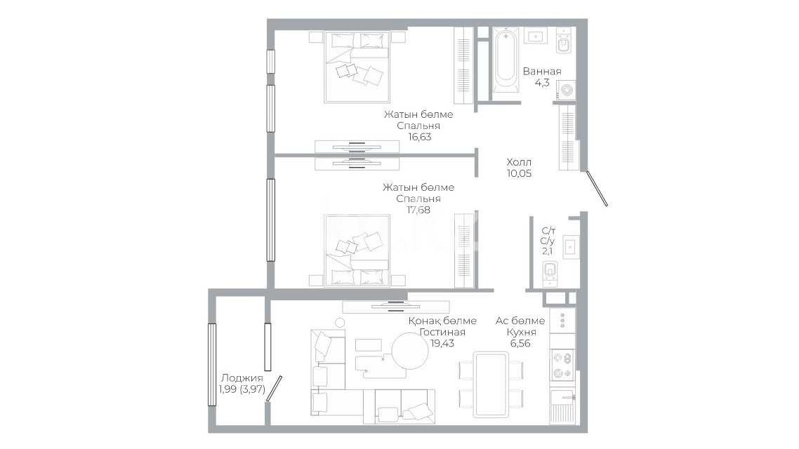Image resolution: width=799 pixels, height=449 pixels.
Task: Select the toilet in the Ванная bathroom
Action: click(564, 42)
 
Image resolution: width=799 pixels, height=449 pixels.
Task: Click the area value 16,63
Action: click(419, 136)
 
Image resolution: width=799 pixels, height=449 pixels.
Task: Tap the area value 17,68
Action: click(418, 209)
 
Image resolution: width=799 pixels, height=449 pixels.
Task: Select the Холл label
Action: click(519, 162)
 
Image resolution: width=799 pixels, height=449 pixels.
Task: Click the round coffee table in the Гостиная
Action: click(410, 351)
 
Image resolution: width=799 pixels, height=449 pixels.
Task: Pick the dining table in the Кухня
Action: click(491, 384)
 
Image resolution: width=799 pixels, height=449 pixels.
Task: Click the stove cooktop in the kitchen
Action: click(562, 365)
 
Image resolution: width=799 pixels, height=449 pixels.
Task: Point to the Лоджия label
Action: click(242, 377)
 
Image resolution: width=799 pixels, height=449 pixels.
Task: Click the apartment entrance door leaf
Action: click(597, 188)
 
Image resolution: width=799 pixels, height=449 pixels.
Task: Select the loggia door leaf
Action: click(274, 389)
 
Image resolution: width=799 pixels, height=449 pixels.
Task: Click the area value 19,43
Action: click(442, 343)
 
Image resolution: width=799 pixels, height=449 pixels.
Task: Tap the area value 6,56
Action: click(520, 343)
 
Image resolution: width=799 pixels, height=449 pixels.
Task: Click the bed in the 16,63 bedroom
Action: click(357, 67)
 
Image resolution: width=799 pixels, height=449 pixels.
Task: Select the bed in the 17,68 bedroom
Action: click(357, 250)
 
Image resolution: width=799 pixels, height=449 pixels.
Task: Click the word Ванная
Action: click(542, 72)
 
